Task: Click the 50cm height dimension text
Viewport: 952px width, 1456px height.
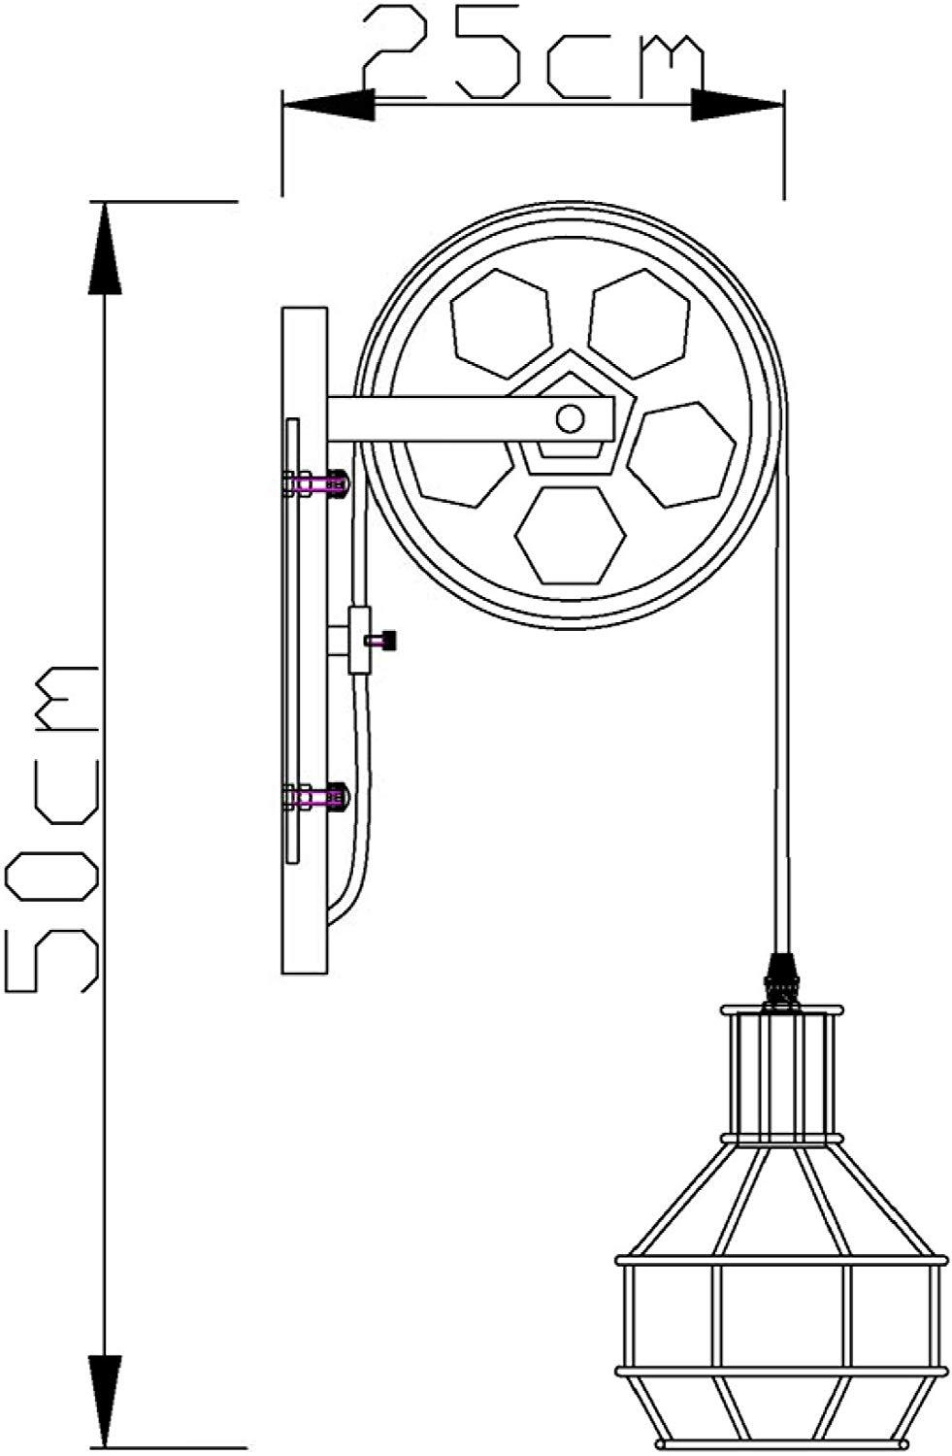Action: point(52,829)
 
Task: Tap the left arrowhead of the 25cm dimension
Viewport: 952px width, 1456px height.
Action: point(329,104)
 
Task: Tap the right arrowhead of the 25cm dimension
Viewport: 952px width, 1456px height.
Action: point(737,105)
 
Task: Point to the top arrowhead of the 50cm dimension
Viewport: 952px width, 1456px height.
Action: point(105,248)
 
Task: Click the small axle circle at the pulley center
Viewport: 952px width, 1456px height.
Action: point(570,419)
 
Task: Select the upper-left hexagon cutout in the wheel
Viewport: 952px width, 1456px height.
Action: point(503,323)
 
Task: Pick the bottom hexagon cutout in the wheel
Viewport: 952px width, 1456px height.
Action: point(570,534)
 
